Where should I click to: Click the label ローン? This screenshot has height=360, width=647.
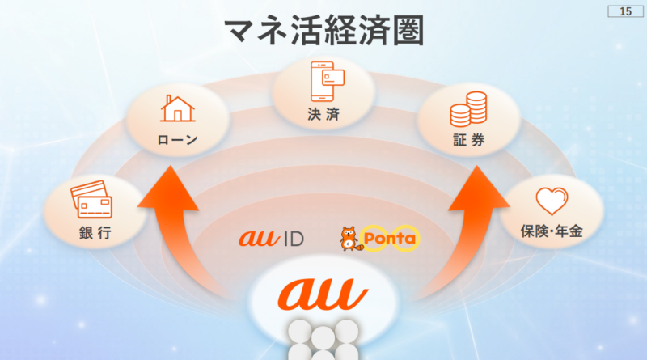[x=177, y=140]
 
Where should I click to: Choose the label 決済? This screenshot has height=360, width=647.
[x=323, y=114]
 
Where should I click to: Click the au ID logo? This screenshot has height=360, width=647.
[x=270, y=239]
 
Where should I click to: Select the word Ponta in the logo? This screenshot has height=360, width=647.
[x=389, y=239]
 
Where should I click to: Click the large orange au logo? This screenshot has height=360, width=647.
[x=323, y=293]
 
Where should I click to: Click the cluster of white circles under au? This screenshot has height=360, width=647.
[x=323, y=340]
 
